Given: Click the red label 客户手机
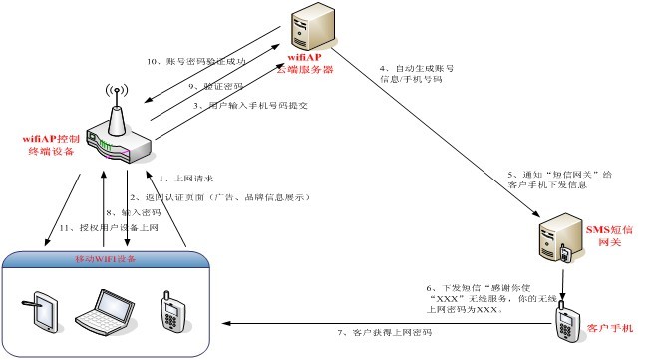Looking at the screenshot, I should click(x=614, y=328).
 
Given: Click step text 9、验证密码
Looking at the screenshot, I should click(x=214, y=87).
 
